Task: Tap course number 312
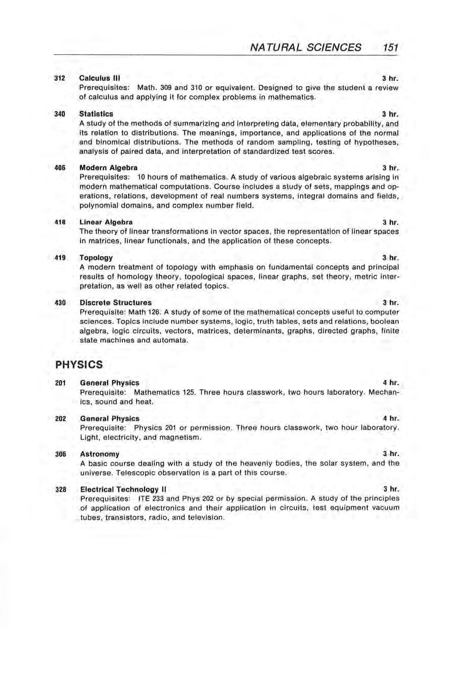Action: tap(61, 79)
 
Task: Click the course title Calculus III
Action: tap(98, 79)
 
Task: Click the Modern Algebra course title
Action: tap(108, 167)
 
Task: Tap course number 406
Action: tap(61, 167)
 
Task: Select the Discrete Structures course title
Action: tap(116, 302)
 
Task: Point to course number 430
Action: tap(61, 302)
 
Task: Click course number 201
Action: tap(61, 382)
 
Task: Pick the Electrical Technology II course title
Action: tap(122, 489)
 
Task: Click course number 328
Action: tap(61, 489)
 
